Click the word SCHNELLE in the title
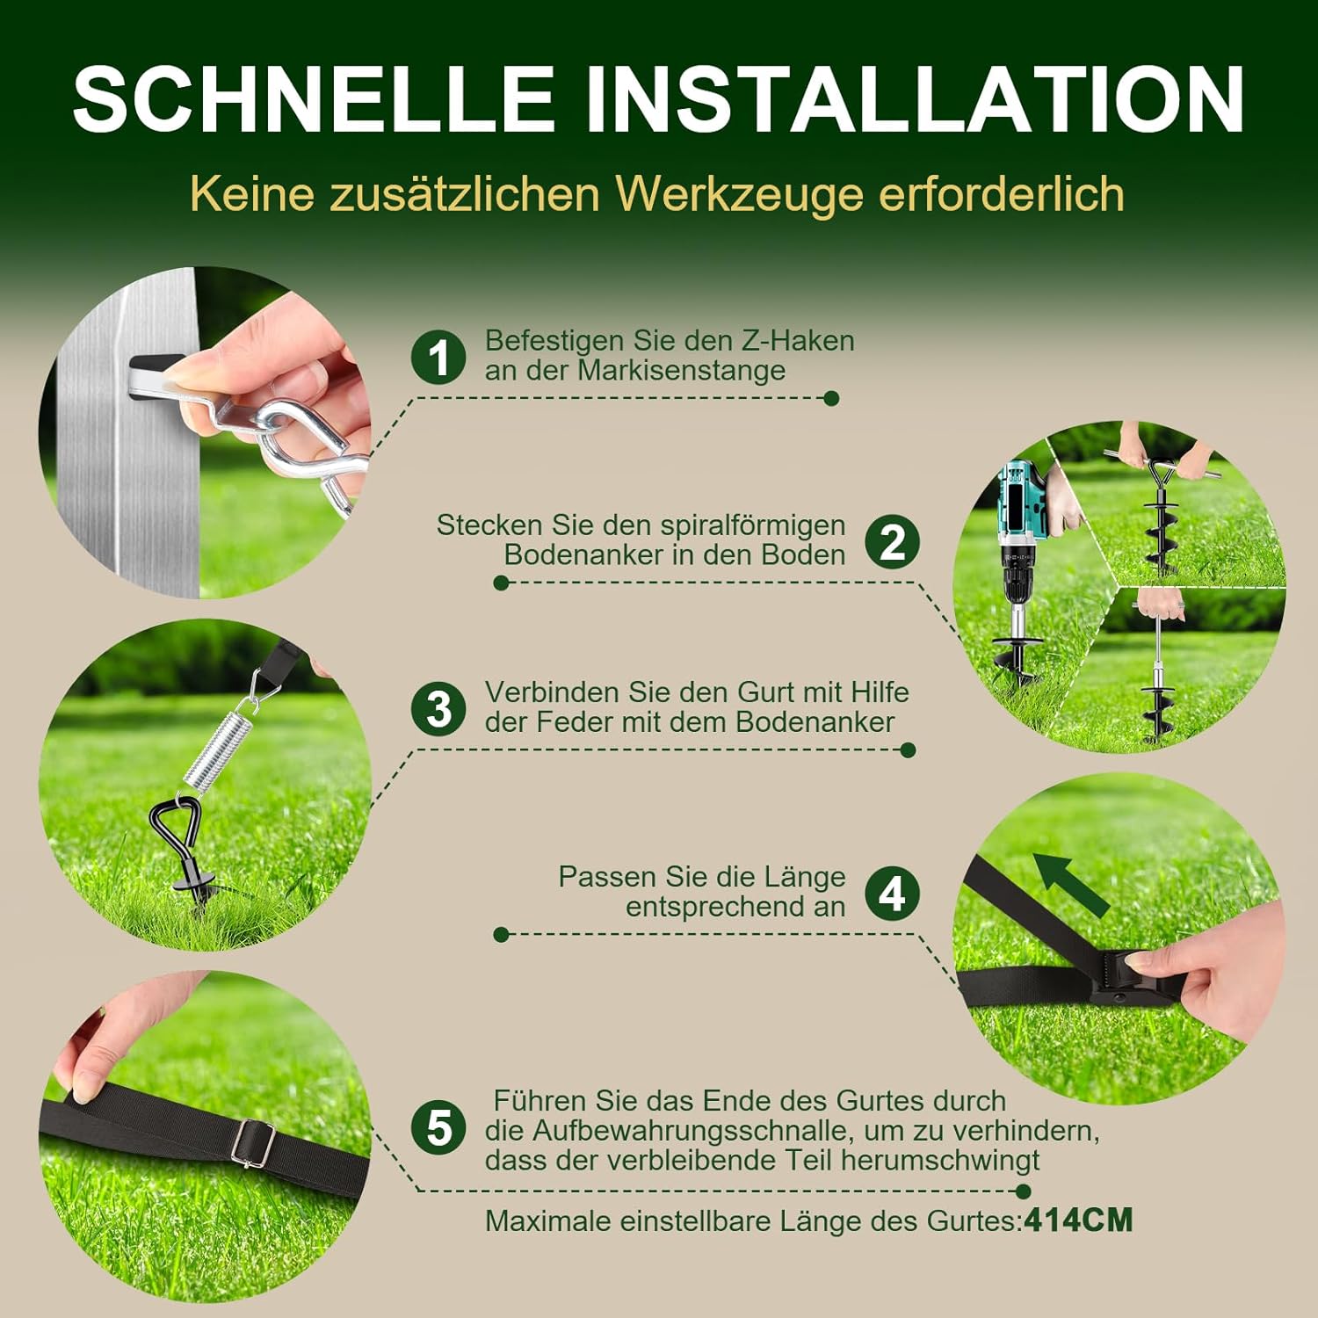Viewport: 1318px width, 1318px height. [314, 98]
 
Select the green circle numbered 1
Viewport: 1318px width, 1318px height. [439, 357]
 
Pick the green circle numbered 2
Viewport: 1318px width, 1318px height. [892, 541]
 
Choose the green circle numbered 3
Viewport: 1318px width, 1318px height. [439, 708]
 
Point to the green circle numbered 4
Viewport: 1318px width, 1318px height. [892, 893]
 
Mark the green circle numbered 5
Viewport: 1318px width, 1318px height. [439, 1128]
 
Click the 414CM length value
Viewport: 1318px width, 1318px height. [1078, 1220]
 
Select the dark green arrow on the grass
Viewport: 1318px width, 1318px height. [1070, 884]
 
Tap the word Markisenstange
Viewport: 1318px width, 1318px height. [681, 370]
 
